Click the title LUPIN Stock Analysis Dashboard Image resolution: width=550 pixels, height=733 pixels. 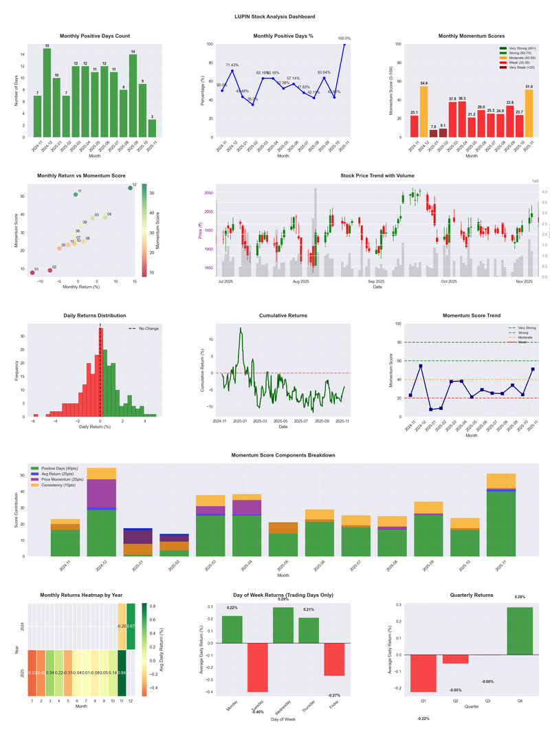coord(274,17)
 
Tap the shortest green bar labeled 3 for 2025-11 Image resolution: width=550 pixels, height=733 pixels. coord(151,129)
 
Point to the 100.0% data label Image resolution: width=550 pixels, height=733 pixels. coord(344,39)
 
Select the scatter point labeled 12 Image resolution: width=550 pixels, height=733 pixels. coord(130,188)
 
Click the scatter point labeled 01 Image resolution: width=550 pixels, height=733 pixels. coord(32,273)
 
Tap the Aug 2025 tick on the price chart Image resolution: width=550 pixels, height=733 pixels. coord(300,281)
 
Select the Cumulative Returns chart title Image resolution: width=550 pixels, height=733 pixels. coord(283,316)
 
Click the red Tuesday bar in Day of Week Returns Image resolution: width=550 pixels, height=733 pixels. coord(257,667)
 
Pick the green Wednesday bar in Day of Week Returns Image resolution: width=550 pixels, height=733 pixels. coord(283,625)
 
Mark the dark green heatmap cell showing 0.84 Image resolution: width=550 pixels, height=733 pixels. coord(122,673)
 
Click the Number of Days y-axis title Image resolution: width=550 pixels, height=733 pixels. coord(16,90)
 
